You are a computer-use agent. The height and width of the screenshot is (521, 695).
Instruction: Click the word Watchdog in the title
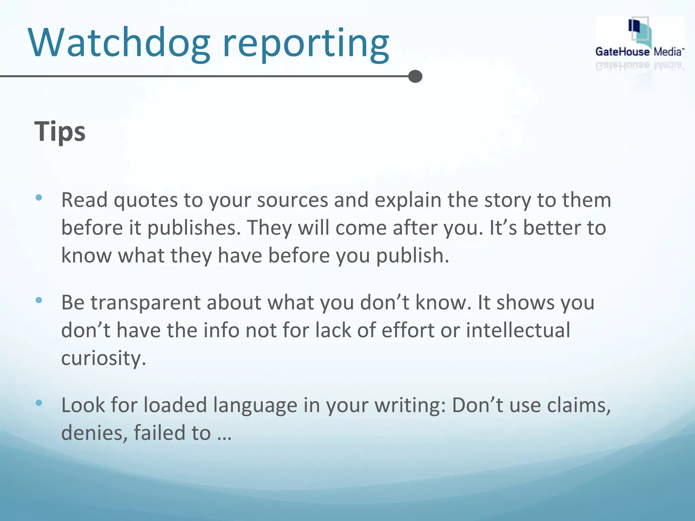click(119, 43)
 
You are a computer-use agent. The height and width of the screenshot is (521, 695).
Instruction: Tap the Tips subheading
click(60, 132)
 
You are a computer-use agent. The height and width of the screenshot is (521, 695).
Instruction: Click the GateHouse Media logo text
click(639, 52)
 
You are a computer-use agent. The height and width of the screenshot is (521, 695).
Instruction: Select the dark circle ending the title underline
click(415, 76)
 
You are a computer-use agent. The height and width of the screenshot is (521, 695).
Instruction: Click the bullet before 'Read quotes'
click(39, 197)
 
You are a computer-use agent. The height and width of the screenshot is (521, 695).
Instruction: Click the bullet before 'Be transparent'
click(39, 300)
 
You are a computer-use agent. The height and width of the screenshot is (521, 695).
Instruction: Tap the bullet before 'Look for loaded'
click(39, 403)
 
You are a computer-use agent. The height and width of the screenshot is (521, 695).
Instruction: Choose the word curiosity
click(104, 359)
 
